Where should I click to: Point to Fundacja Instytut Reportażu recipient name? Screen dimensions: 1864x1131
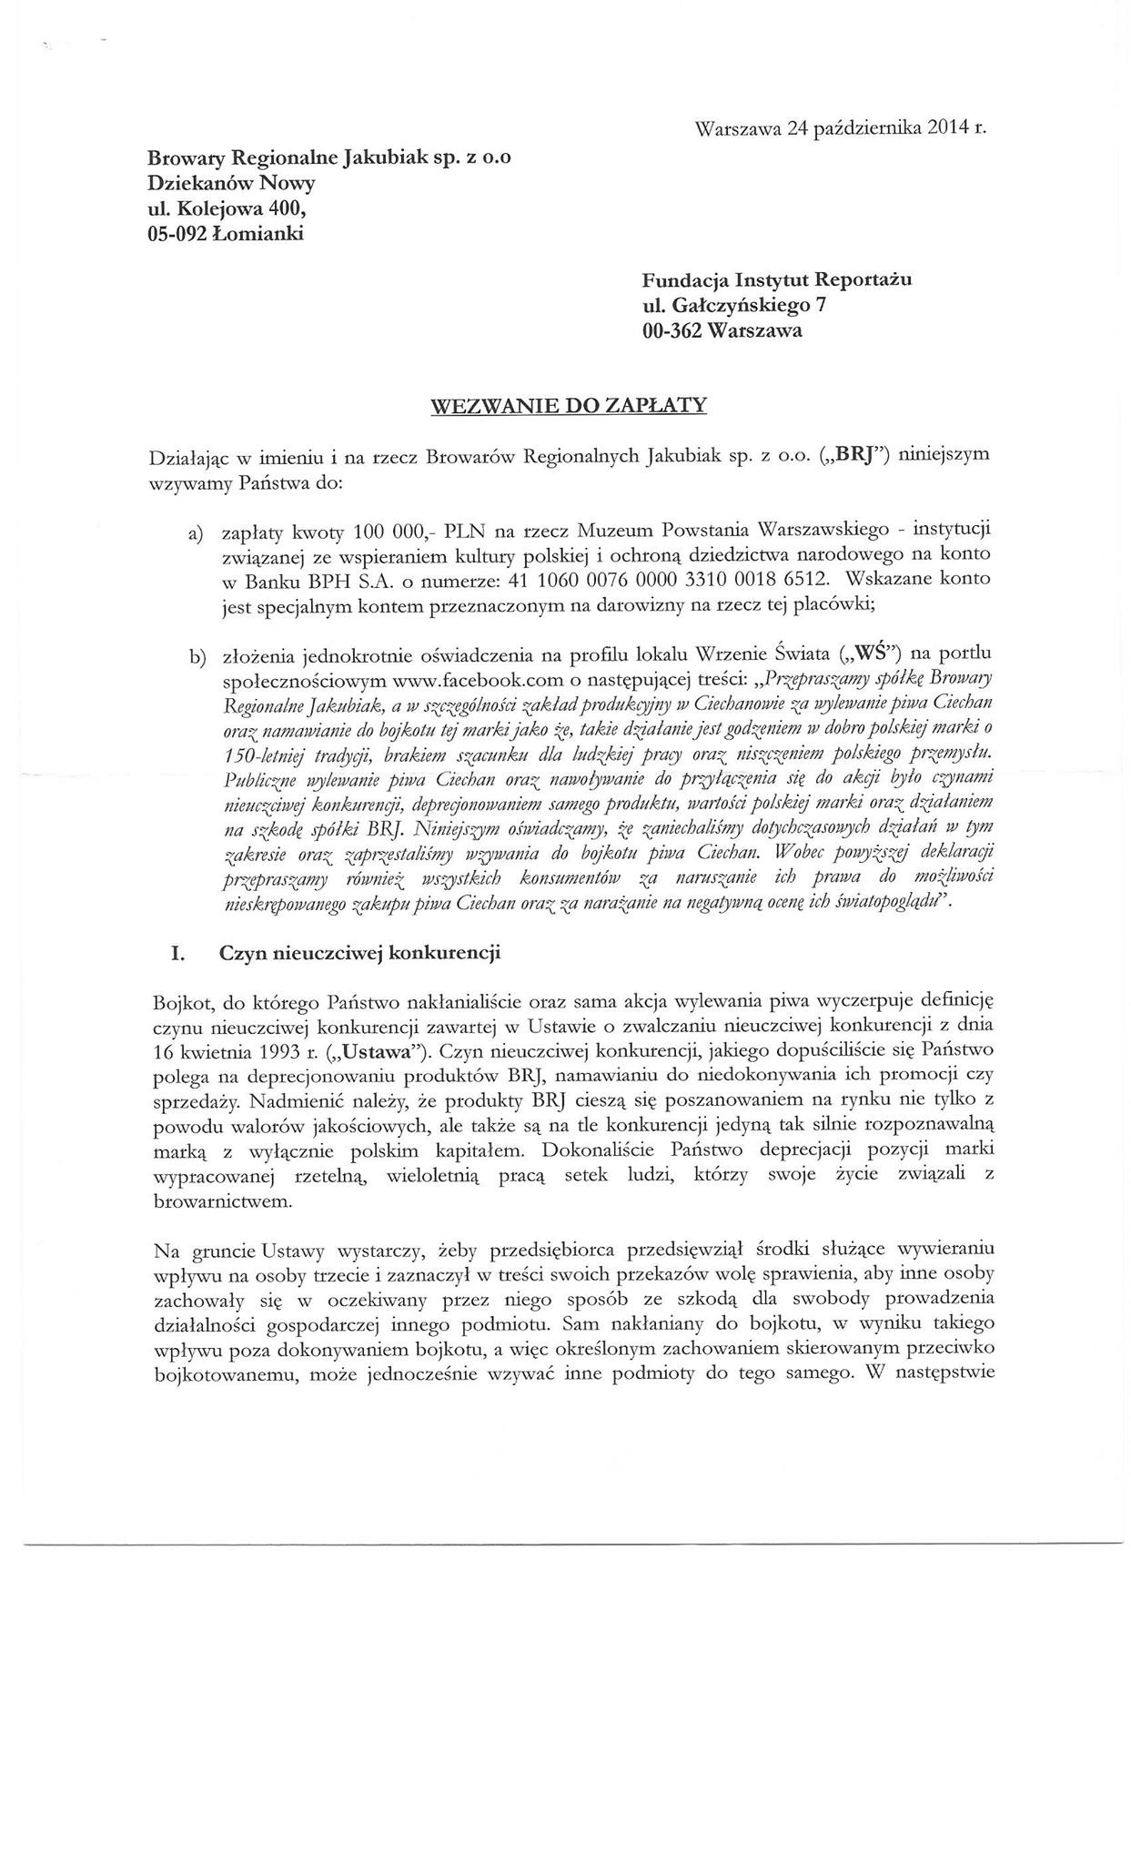tap(776, 280)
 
